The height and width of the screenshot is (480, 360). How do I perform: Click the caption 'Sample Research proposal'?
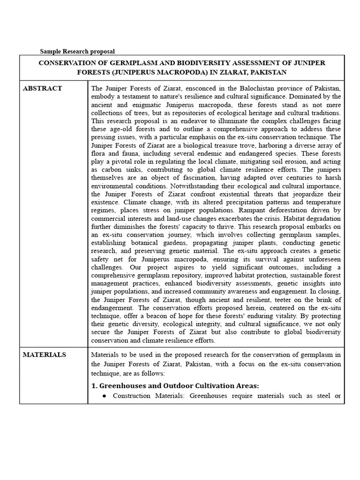click(77, 51)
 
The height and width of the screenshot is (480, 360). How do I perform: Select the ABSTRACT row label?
click(42, 89)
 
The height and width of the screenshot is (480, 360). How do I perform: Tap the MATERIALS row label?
click(45, 355)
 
